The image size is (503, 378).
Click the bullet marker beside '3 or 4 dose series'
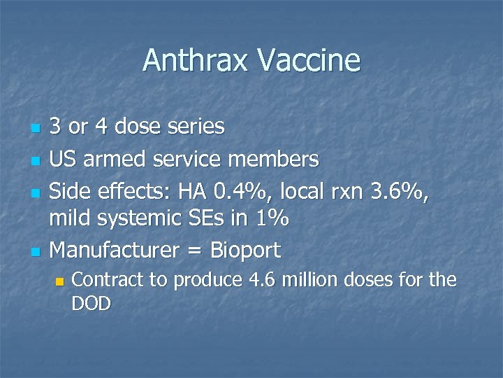click(x=34, y=129)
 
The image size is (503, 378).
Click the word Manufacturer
click(x=118, y=250)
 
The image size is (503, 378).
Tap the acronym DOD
click(x=92, y=303)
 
